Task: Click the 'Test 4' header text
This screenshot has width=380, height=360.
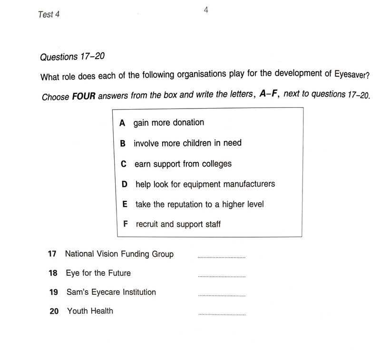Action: click(49, 14)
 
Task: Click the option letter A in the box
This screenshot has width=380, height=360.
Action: click(122, 123)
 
